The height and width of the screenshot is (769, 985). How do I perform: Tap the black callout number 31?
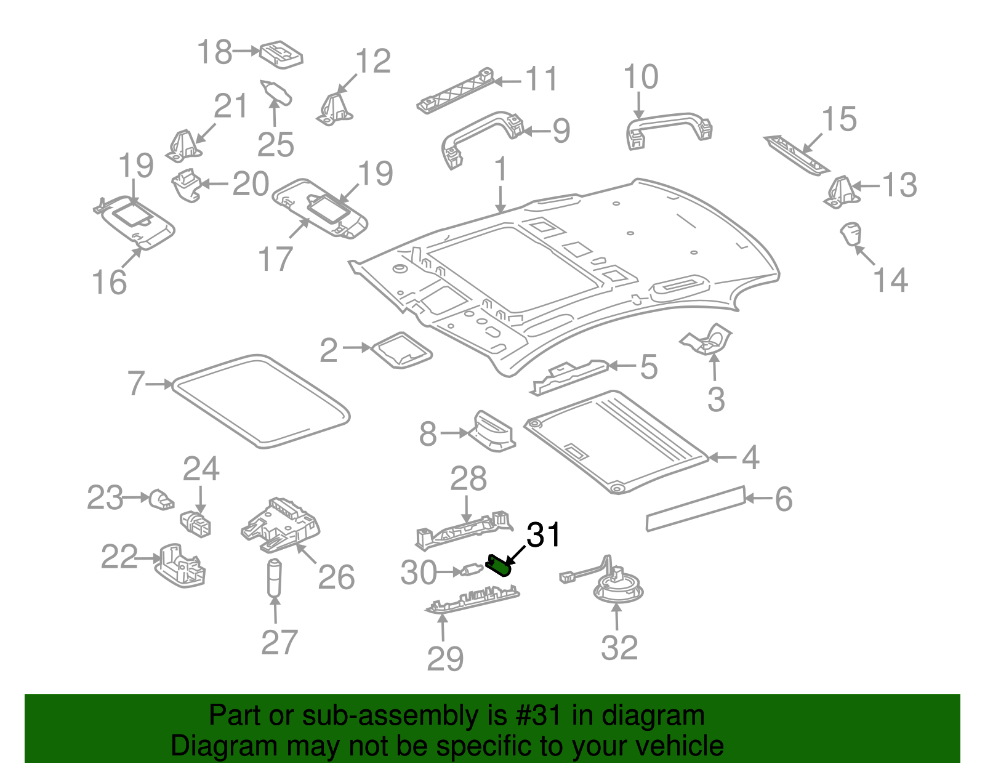click(x=544, y=535)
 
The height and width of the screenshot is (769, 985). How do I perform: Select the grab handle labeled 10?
click(x=669, y=127)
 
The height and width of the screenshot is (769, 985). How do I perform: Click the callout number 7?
click(x=136, y=384)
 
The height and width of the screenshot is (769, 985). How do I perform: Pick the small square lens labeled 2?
click(x=402, y=350)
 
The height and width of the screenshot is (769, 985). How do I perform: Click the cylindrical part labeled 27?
click(x=274, y=578)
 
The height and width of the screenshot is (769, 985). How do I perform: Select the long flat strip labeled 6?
click(x=695, y=507)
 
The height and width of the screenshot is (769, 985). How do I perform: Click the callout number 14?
click(x=890, y=280)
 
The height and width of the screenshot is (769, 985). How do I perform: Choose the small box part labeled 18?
click(x=281, y=54)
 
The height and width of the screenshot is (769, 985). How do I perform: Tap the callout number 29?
click(x=444, y=659)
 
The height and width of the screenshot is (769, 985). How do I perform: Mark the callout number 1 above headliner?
click(x=501, y=169)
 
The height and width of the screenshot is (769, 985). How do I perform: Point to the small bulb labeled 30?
click(x=473, y=572)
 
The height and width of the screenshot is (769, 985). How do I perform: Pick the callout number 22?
click(x=119, y=557)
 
